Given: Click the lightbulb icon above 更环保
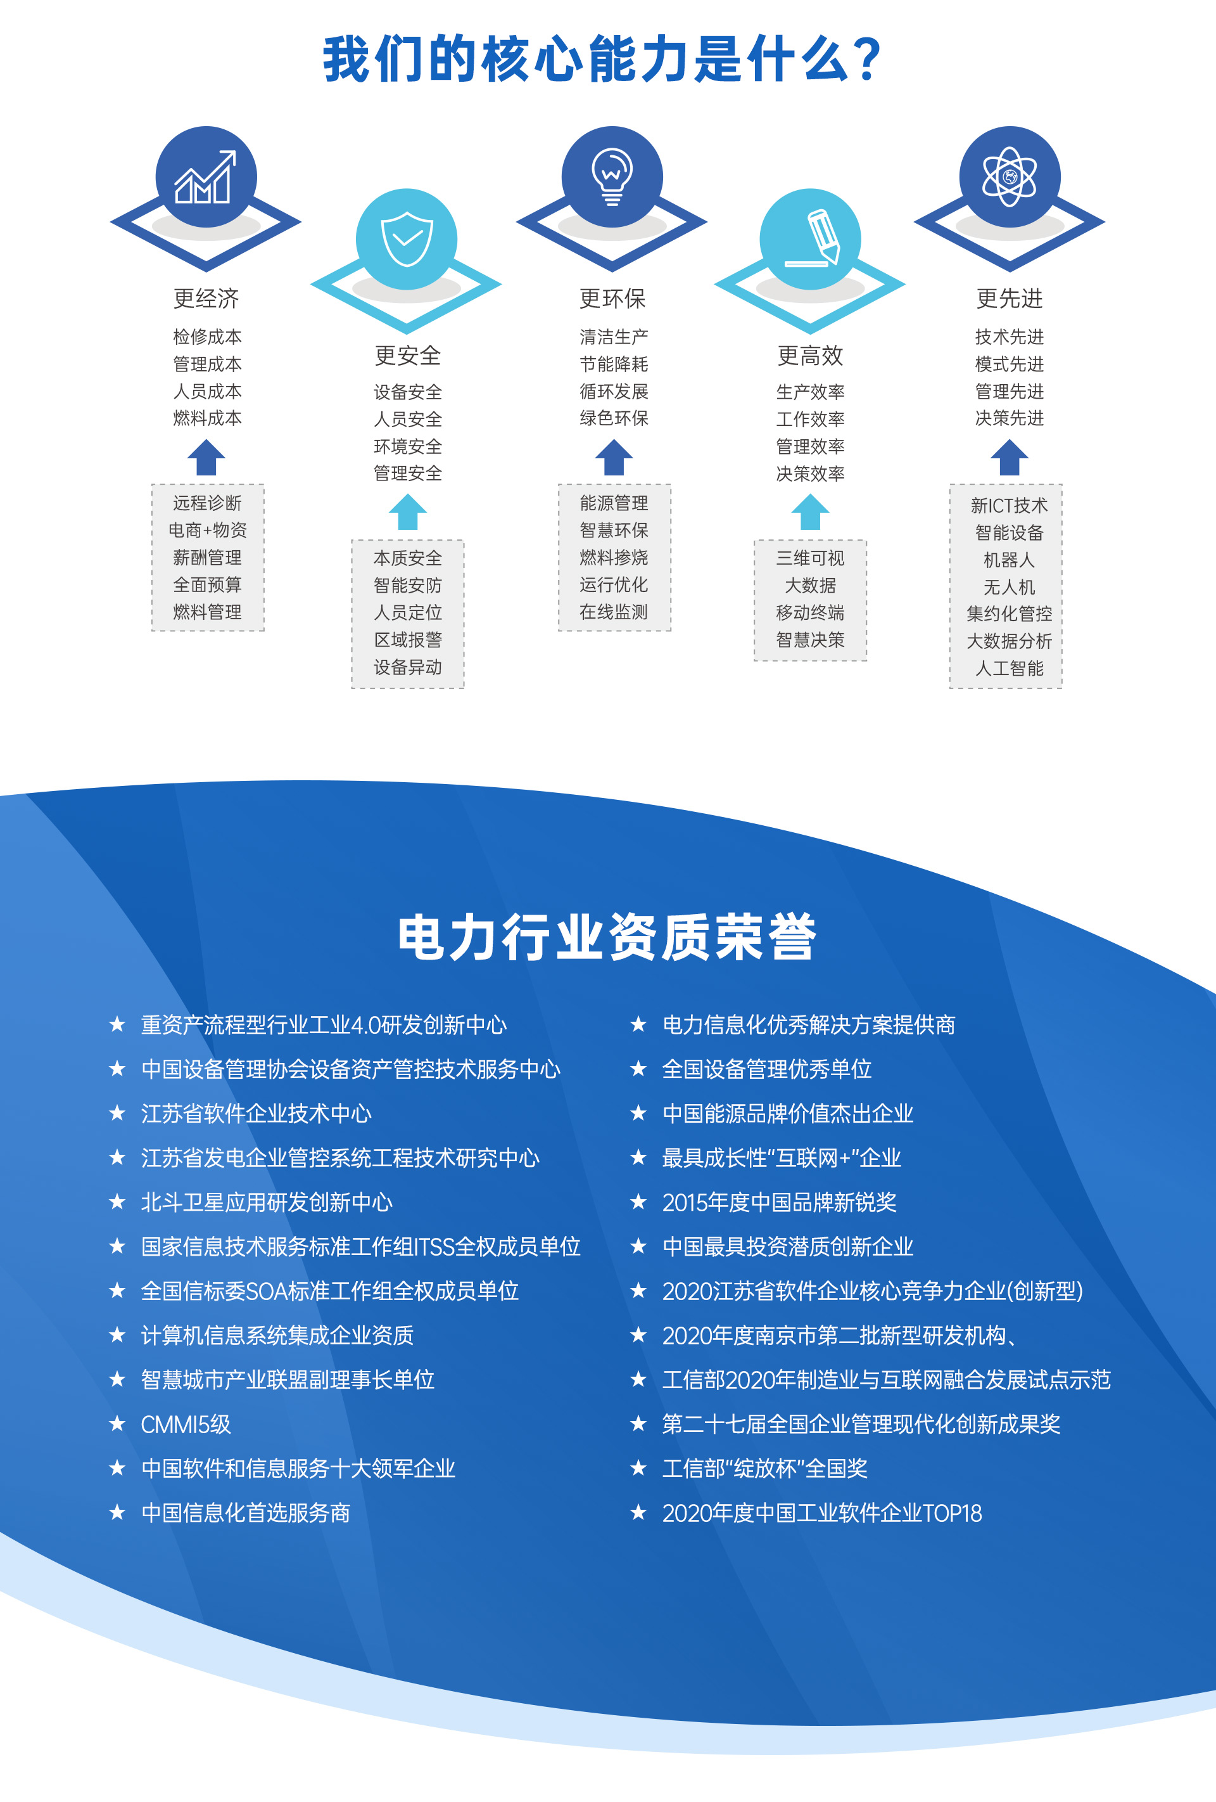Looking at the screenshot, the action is click(x=612, y=177).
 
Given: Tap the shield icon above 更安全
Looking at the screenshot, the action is click(x=407, y=240).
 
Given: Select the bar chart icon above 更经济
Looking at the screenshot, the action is click(x=205, y=177).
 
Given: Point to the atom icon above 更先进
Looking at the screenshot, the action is click(x=1009, y=177).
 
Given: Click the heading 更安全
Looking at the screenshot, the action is click(x=408, y=356).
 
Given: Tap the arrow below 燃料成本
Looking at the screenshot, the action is click(x=206, y=458).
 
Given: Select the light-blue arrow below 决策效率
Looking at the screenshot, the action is click(x=811, y=513).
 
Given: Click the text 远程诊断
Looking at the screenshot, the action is click(x=207, y=503).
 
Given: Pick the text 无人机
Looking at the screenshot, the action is click(x=1009, y=587).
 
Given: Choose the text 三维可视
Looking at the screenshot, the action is click(x=810, y=558).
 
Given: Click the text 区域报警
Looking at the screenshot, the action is click(x=408, y=640).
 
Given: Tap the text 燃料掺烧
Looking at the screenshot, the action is click(x=614, y=558).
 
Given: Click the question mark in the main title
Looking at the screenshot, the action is click(x=869, y=60).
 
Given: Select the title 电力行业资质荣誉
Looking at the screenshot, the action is click(x=607, y=937).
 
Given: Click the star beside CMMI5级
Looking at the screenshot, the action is click(x=117, y=1424).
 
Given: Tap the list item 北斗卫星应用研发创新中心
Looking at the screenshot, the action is click(x=267, y=1202).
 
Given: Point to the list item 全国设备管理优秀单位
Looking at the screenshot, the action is click(x=766, y=1069).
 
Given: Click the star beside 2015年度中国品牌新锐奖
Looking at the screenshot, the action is click(x=638, y=1202).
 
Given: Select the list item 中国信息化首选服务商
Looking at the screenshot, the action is click(x=246, y=1513).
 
